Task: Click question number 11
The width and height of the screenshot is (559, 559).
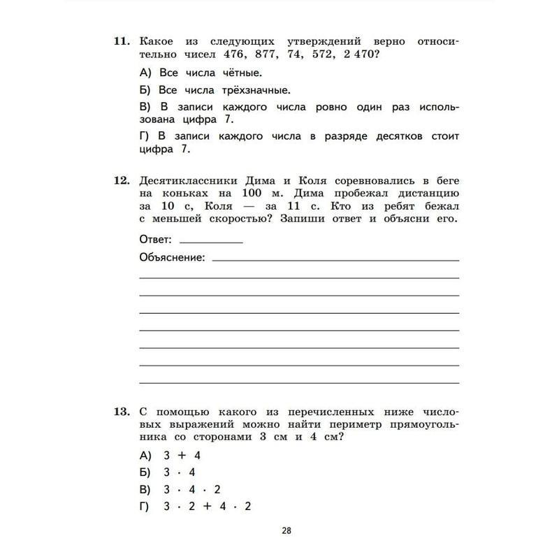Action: pyautogui.click(x=121, y=42)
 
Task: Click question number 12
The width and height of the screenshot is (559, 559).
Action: pyautogui.click(x=121, y=181)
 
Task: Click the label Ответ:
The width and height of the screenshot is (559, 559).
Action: pyautogui.click(x=155, y=239)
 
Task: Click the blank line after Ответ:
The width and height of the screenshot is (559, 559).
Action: pyautogui.click(x=210, y=242)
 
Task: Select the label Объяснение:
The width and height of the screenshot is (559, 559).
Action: pyautogui.click(x=173, y=258)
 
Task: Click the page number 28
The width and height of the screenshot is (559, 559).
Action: pyautogui.click(x=286, y=530)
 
